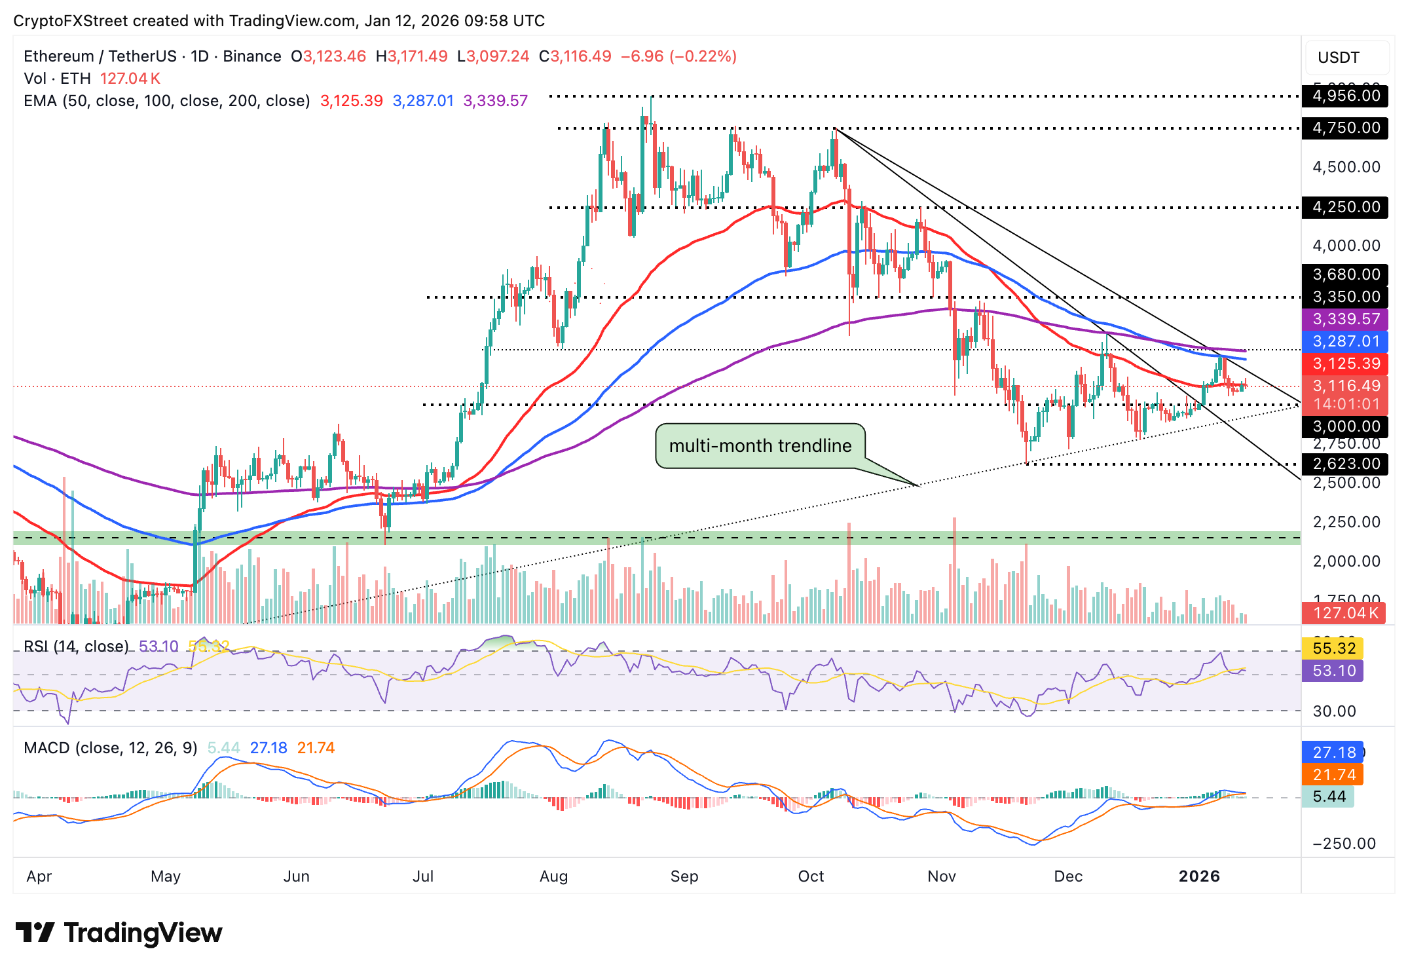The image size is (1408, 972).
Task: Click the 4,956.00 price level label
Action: pyautogui.click(x=1346, y=96)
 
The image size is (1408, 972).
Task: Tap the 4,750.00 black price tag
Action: pyautogui.click(x=1346, y=128)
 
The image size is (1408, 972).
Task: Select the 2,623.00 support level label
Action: pyautogui.click(x=1346, y=464)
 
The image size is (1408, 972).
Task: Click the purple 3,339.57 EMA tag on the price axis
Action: pyautogui.click(x=1346, y=319)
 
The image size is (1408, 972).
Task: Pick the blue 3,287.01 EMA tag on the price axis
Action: pyautogui.click(x=1346, y=341)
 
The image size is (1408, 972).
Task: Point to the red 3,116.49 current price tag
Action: pyautogui.click(x=1346, y=386)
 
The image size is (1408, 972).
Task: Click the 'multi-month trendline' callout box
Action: pyautogui.click(x=760, y=445)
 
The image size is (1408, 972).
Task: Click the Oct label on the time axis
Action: pyautogui.click(x=811, y=876)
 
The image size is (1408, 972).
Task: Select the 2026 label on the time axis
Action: pyautogui.click(x=1198, y=876)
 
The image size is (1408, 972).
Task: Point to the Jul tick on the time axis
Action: pyautogui.click(x=423, y=876)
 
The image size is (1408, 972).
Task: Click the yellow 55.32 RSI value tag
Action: pyautogui.click(x=1333, y=648)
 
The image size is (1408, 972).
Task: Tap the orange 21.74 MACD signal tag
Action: pyautogui.click(x=1333, y=775)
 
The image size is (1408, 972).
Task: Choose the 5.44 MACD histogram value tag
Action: pyautogui.click(x=1329, y=796)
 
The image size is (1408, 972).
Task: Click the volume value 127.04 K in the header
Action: pyautogui.click(x=130, y=79)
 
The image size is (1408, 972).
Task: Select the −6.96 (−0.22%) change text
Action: pyautogui.click(x=678, y=56)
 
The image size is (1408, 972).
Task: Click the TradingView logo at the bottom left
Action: pyautogui.click(x=119, y=933)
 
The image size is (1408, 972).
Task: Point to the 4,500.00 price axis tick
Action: pyautogui.click(x=1346, y=167)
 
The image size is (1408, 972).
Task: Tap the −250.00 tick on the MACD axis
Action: pyautogui.click(x=1344, y=844)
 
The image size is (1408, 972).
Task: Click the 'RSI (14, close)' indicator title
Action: pyautogui.click(x=76, y=646)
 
